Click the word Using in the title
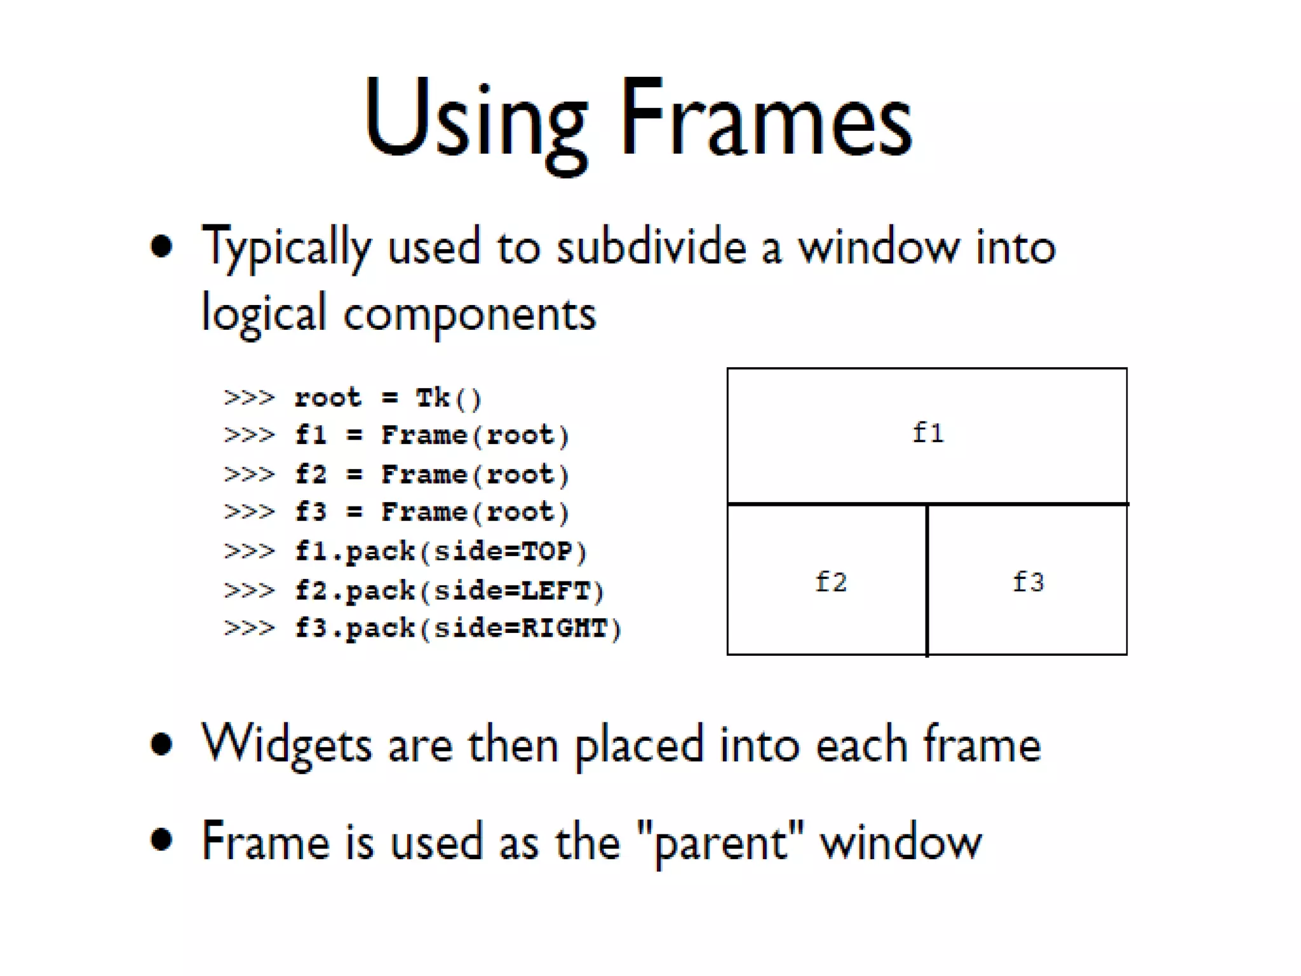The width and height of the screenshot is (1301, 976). pos(475,121)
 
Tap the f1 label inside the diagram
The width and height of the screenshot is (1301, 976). pos(928,433)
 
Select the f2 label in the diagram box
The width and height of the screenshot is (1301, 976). pos(831,582)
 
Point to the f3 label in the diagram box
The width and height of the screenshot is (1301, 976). pos(1028,582)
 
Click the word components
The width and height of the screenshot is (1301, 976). pos(469,315)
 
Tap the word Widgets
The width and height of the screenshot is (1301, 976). pos(286,745)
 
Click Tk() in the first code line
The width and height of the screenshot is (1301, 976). pos(448,398)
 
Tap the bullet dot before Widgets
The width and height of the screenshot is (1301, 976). pos(162,743)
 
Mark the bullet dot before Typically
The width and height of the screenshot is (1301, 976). pos(162,247)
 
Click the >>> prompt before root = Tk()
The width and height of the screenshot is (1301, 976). pos(249,398)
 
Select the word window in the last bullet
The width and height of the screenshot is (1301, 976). pos(901,843)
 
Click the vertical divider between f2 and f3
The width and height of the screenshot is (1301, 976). pos(927,579)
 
